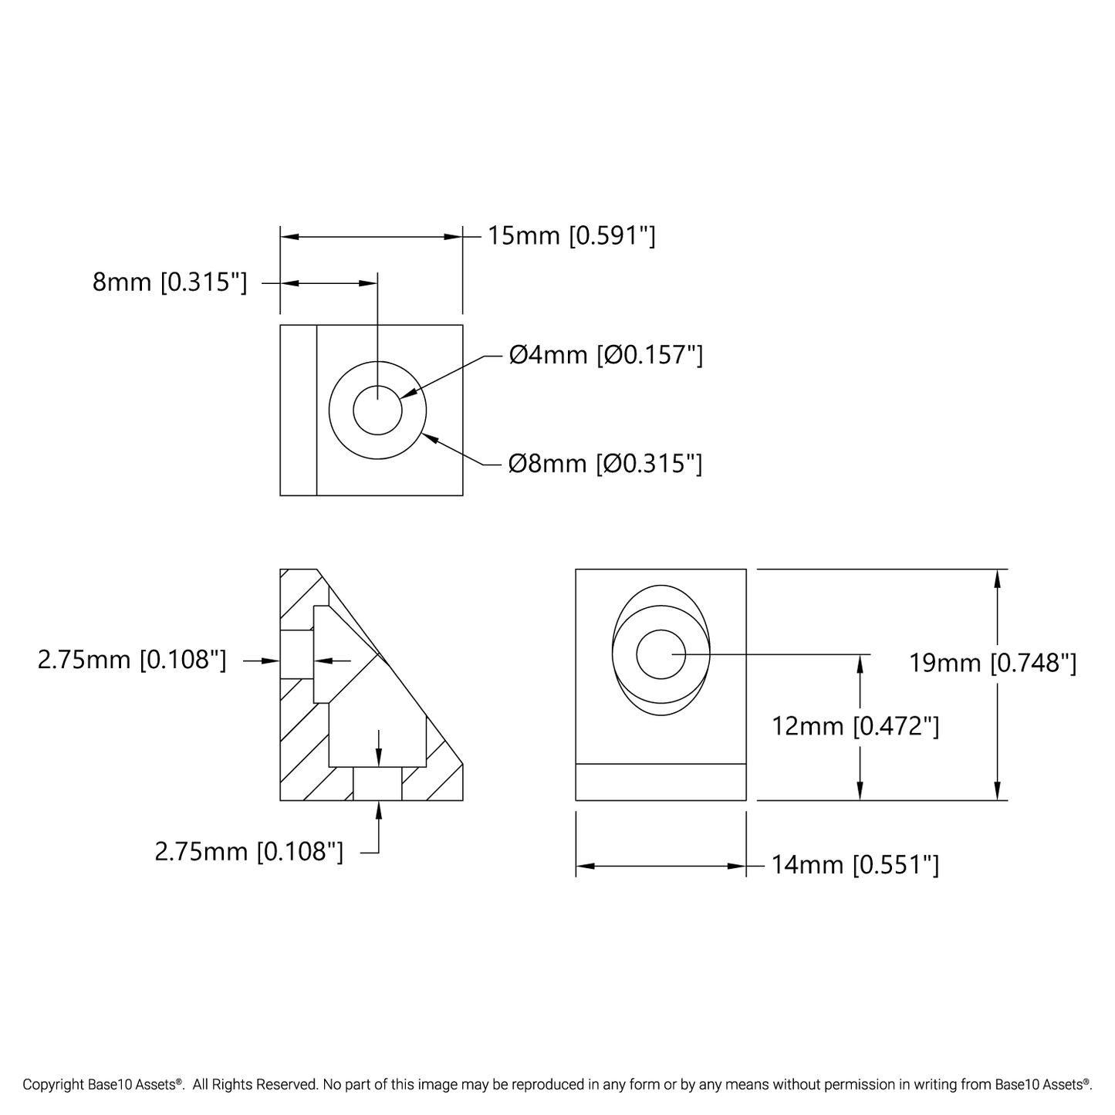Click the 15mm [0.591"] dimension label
click(571, 235)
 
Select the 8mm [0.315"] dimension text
click(170, 282)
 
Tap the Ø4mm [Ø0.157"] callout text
click(606, 355)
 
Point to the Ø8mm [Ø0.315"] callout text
click(606, 463)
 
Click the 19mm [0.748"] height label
click(992, 663)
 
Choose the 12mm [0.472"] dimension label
click(856, 726)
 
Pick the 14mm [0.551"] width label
click(855, 865)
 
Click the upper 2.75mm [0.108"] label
click(132, 660)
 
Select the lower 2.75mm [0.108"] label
click(249, 852)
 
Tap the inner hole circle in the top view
click(377, 410)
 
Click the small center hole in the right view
click(661, 654)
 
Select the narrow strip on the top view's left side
click(299, 410)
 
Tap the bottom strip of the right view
click(661, 782)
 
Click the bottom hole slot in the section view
click(377, 783)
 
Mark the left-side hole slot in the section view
click(296, 654)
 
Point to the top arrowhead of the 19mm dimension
click(998, 579)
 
